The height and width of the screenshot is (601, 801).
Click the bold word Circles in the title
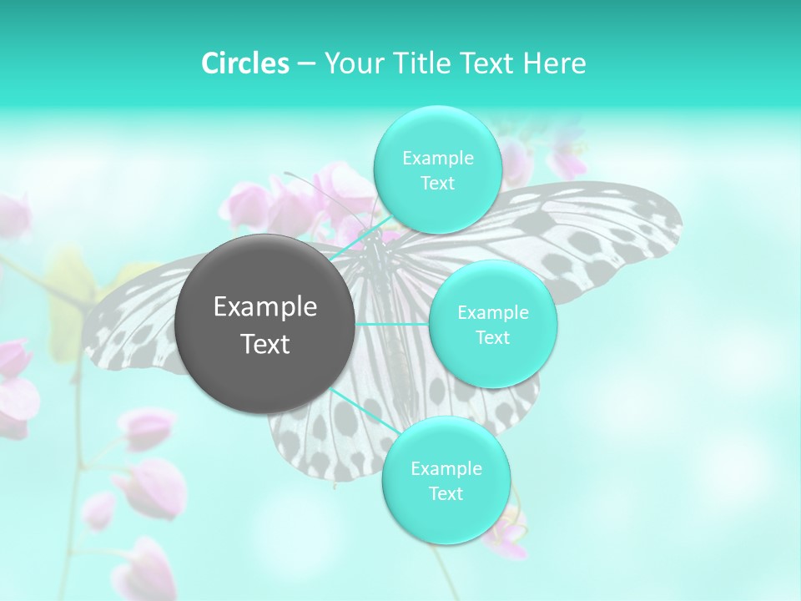coord(245,63)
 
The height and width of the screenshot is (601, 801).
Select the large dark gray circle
coord(265,324)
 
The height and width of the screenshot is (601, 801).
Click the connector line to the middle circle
coord(392,324)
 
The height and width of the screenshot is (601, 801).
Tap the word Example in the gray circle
coord(265,307)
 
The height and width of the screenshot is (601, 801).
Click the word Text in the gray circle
coord(265,344)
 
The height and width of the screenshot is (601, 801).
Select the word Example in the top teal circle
coord(437,159)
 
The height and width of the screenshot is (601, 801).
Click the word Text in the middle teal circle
coord(492,337)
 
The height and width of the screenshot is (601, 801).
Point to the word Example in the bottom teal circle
coord(446,469)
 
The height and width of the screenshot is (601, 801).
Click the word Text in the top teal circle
coord(437,184)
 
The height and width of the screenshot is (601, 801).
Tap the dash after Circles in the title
coord(306,64)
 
